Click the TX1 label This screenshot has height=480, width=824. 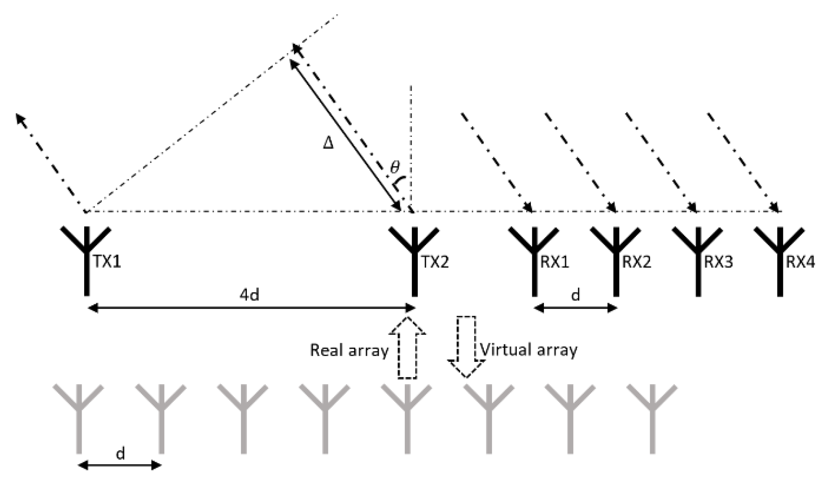[107, 262]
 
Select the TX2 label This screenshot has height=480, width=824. [435, 262]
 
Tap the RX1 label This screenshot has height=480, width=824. [555, 262]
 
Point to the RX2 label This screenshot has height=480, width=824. [637, 262]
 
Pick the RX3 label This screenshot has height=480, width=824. [719, 262]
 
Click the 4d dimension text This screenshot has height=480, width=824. [249, 296]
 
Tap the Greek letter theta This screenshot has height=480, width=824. [395, 167]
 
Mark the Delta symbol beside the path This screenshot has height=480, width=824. [328, 143]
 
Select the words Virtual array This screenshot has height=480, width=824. [529, 350]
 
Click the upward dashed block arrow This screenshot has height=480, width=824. [407, 347]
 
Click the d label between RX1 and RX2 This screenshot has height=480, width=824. [575, 295]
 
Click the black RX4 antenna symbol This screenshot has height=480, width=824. [780, 259]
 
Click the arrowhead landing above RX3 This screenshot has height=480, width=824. [693, 208]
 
